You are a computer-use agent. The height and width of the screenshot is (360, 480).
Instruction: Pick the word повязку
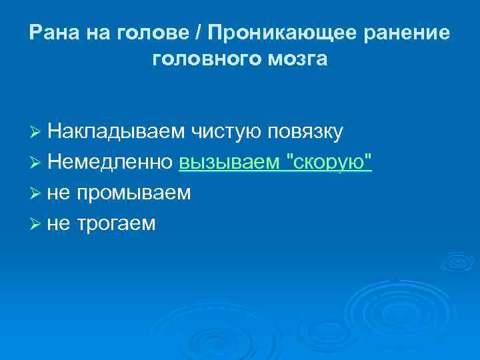click(306, 132)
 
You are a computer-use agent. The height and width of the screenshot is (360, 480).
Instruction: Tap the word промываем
click(133, 193)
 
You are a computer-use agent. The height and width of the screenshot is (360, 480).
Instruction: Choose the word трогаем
click(116, 223)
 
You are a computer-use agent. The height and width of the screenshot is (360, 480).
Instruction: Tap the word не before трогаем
click(59, 224)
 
